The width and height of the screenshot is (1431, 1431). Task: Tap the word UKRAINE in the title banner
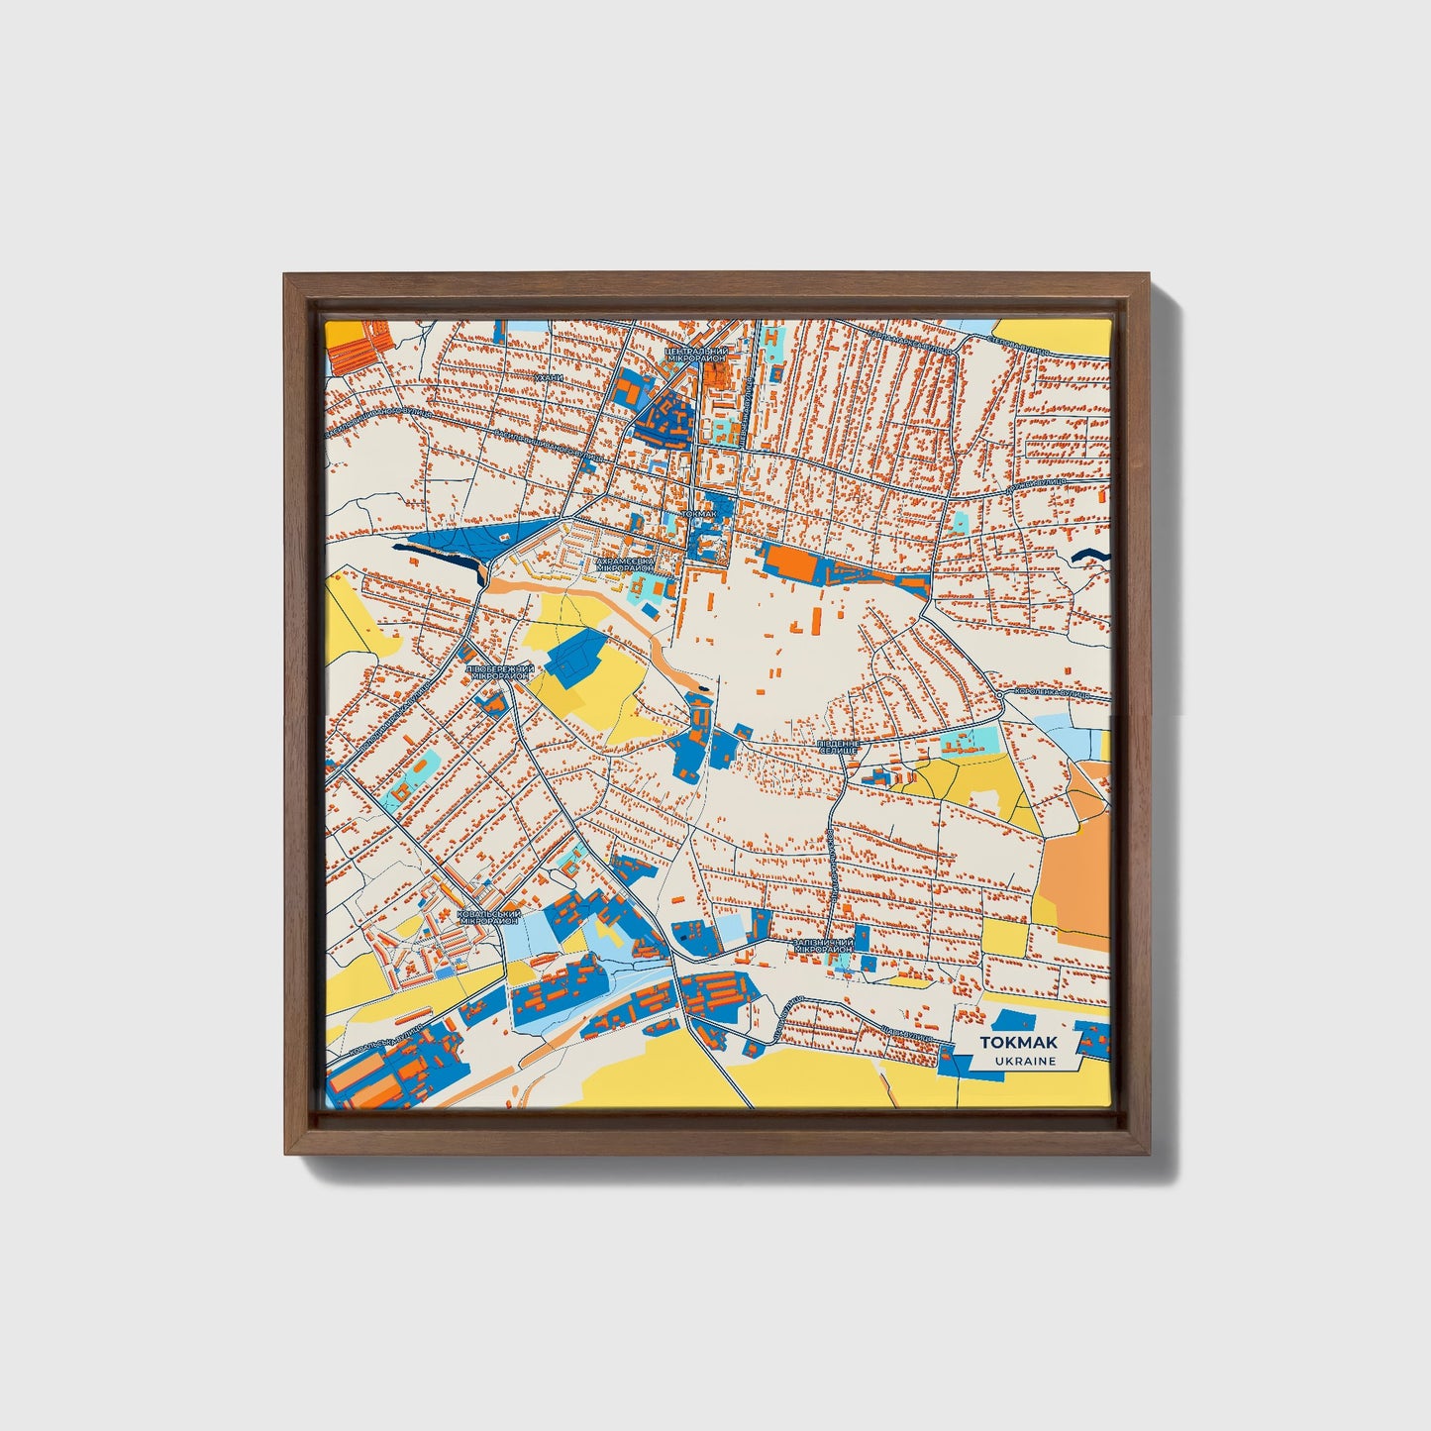click(x=1026, y=1061)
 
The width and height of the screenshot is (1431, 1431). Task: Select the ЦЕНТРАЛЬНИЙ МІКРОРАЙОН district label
click(x=695, y=355)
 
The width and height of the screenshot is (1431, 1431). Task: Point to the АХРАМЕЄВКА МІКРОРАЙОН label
click(x=624, y=564)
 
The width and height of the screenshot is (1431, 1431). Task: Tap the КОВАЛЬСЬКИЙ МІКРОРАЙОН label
click(x=487, y=917)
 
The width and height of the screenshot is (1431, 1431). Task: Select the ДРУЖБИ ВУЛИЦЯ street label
click(x=1036, y=486)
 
